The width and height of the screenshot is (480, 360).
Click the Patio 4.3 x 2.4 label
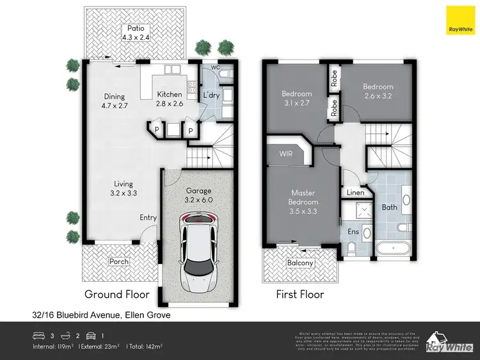(135, 33)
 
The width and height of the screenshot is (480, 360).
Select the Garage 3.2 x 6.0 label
(198, 195)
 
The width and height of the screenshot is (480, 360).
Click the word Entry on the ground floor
(148, 218)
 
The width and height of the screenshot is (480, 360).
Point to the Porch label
(119, 261)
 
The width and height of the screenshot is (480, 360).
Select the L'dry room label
(211, 95)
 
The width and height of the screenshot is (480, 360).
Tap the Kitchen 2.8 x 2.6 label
(170, 99)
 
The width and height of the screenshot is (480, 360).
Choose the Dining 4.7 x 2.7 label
(115, 102)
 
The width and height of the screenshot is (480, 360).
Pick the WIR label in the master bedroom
(286, 154)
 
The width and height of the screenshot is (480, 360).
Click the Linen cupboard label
(355, 192)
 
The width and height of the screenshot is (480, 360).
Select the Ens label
(352, 232)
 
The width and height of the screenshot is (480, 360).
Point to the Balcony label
(300, 263)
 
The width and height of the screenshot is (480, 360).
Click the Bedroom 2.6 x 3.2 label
(378, 90)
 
